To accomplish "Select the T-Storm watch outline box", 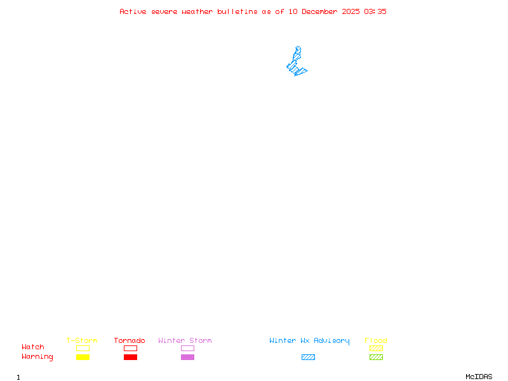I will pos(83,348).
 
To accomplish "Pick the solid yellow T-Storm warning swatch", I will pos(83,358).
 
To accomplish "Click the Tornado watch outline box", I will pos(130,348).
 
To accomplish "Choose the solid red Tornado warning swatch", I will pos(130,358).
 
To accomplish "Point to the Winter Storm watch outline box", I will pos(187,348).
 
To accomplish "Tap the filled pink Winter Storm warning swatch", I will pos(187,358).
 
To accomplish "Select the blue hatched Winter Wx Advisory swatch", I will pos(308,358).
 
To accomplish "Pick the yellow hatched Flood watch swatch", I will pos(376,348).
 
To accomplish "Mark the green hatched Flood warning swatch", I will pos(376,358).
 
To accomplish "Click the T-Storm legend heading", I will pos(82,341).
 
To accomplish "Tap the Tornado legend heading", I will pos(130,341).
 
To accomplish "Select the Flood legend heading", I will pos(376,341).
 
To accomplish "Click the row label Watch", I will pos(33,347).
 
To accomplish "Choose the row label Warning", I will pos(37,357).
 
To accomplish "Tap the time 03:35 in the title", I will pos(375,11).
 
